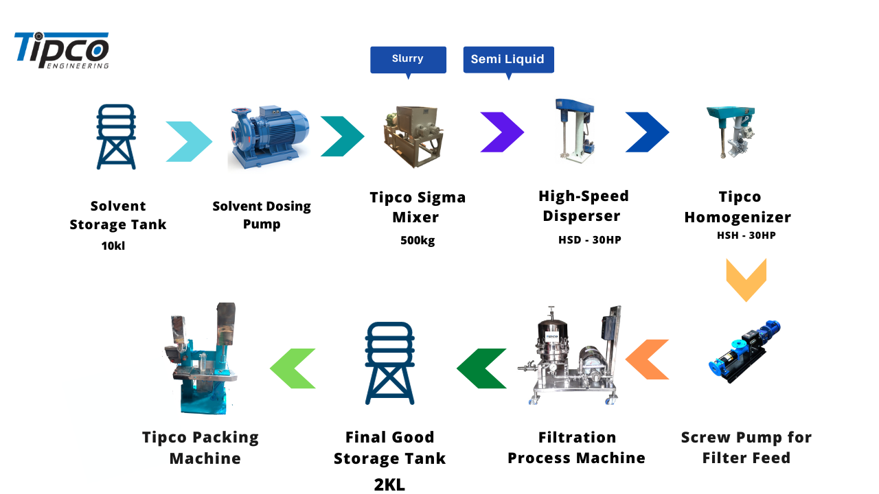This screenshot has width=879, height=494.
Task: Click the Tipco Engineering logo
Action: tap(62, 51)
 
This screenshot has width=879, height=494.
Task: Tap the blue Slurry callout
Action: tap(408, 59)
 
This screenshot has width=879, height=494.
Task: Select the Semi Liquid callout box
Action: tap(508, 60)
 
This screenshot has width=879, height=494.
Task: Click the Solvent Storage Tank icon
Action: tap(116, 137)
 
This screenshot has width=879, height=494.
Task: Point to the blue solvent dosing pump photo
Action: tap(268, 137)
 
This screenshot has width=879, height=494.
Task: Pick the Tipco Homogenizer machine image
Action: tap(731, 133)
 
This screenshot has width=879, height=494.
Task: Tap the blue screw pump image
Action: tap(744, 351)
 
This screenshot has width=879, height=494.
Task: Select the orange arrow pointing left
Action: tap(648, 360)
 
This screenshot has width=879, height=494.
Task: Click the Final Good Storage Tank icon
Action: tap(389, 363)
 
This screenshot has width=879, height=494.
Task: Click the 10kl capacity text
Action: tap(113, 246)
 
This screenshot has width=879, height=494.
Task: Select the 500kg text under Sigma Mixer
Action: tap(418, 240)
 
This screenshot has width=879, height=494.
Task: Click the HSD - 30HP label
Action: tap(589, 239)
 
